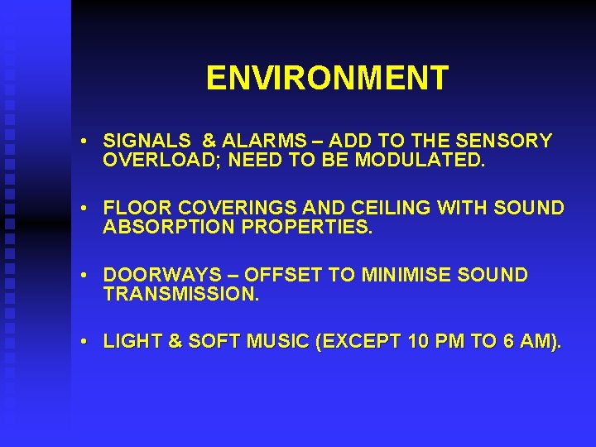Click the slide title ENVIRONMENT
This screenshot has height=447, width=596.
coord(327,79)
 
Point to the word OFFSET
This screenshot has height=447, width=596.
coord(285,275)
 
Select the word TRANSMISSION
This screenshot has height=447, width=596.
coord(181,294)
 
